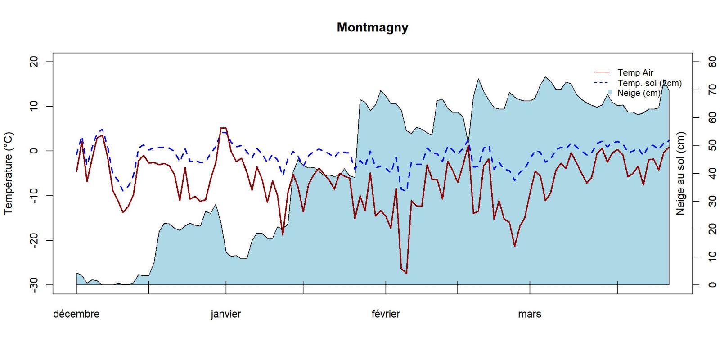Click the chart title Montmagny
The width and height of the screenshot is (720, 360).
click(x=372, y=27)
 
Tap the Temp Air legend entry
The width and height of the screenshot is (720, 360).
click(x=635, y=72)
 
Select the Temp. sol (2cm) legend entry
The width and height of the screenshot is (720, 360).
click(x=649, y=83)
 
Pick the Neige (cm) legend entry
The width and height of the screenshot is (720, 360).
click(x=639, y=93)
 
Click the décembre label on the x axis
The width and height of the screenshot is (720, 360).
click(x=76, y=314)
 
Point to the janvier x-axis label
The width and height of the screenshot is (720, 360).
click(x=225, y=314)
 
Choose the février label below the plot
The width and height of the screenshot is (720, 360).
click(x=386, y=314)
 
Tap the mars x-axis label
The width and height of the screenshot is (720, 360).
click(x=529, y=314)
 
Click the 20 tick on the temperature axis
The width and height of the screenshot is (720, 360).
click(x=34, y=62)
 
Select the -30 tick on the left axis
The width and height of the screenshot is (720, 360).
click(x=34, y=285)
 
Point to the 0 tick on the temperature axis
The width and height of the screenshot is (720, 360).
click(x=34, y=151)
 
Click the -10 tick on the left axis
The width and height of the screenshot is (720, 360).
click(x=34, y=195)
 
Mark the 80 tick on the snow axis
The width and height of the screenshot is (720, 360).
click(x=712, y=62)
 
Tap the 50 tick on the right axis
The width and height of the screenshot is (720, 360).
click(x=712, y=145)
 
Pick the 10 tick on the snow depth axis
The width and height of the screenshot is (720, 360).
click(x=712, y=257)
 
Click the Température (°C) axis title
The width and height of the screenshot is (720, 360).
click(x=9, y=173)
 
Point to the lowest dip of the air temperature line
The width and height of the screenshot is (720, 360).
click(x=406, y=273)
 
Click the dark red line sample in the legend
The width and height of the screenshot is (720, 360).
click(x=602, y=72)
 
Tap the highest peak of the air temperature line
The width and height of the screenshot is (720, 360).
click(x=223, y=128)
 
